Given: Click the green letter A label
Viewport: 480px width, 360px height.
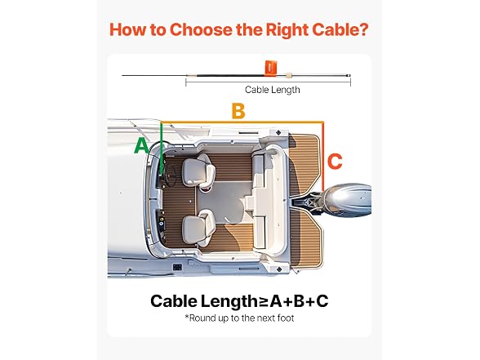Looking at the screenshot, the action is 141,145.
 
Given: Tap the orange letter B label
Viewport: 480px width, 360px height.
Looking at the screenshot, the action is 238,111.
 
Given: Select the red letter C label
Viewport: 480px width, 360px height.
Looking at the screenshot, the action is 335,161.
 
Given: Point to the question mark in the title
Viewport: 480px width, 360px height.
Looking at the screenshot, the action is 364,29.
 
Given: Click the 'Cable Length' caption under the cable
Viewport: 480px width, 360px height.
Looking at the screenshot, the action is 272,90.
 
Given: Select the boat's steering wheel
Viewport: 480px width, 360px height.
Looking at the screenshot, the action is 170,175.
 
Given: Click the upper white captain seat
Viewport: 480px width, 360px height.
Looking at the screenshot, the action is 198,170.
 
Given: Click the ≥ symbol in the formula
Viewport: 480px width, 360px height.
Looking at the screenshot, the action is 264,301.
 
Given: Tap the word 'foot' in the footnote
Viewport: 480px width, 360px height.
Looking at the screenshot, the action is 286,318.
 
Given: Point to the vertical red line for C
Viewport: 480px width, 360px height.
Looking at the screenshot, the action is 323,156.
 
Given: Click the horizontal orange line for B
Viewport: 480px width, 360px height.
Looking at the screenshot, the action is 242,122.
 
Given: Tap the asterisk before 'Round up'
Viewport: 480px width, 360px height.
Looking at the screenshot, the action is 186,317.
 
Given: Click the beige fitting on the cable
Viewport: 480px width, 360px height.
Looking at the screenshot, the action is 288,75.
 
